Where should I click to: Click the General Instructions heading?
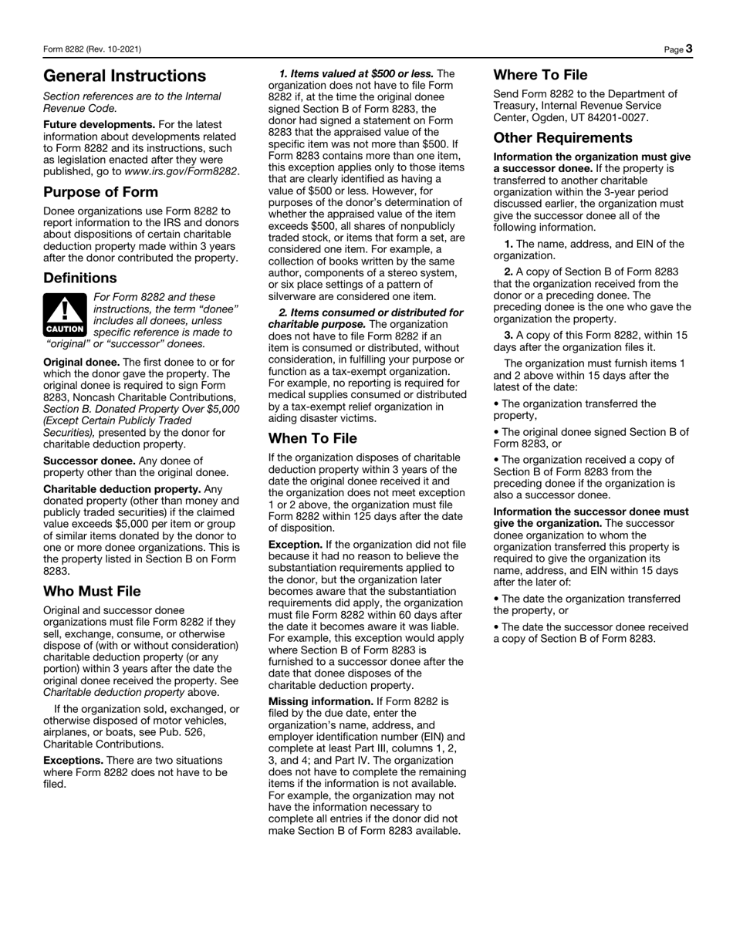pos(124,76)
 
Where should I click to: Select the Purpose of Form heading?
pos(100,192)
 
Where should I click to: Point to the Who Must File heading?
pos(92,591)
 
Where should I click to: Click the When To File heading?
pos(312,438)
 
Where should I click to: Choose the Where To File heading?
pos(540,75)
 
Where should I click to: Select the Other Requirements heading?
pos(563,138)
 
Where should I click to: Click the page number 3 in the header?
pos(688,49)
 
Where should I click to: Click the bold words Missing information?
pos(319,702)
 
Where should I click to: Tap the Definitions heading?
pos(80,277)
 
